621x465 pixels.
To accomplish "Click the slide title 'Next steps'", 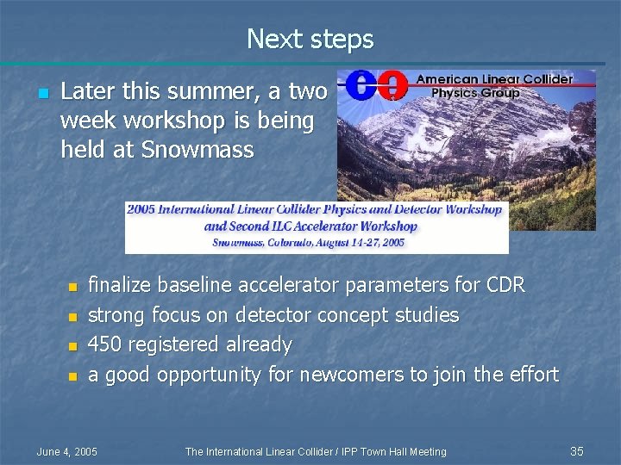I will tap(310, 39).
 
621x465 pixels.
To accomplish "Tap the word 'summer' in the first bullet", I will tap(217, 91).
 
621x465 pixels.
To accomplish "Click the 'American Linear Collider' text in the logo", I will tap(494, 79).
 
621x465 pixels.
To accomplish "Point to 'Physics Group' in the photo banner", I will tap(475, 93).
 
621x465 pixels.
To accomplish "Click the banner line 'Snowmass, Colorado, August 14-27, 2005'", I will tap(309, 243).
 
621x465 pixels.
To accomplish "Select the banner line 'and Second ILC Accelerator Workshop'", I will tap(310, 226).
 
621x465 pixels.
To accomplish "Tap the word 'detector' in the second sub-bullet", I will tap(276, 315).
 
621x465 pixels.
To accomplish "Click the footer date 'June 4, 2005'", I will tap(67, 451).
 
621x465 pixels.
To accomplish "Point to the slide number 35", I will tap(577, 451).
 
